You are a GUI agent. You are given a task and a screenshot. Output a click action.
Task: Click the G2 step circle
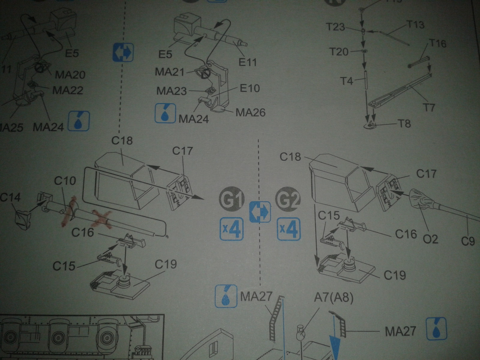(x=288, y=199)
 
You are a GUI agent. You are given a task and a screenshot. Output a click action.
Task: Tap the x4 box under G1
(x=232, y=229)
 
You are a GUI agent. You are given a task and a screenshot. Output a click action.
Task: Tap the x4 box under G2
(x=289, y=229)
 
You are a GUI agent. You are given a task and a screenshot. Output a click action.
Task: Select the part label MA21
(x=169, y=72)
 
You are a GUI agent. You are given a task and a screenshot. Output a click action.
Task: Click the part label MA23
(x=172, y=91)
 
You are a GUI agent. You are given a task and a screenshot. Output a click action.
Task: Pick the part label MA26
(x=250, y=112)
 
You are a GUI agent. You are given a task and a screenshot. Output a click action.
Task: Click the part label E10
(x=250, y=88)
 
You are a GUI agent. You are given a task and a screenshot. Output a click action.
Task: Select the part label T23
(x=335, y=28)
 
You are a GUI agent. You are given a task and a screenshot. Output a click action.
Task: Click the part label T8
(x=404, y=123)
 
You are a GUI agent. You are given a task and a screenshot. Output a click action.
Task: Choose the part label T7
(x=429, y=107)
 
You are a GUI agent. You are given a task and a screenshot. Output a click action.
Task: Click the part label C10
(x=65, y=181)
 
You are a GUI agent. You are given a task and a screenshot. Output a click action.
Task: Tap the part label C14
(x=10, y=197)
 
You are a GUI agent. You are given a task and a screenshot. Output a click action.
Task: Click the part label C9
(x=468, y=241)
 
